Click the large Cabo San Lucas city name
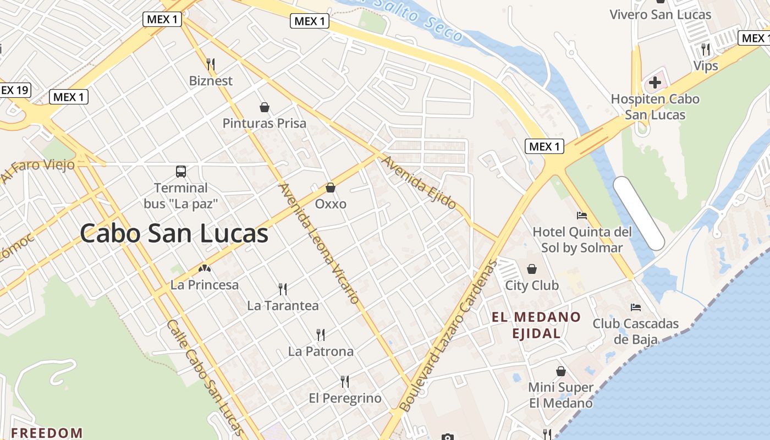pos(174,234)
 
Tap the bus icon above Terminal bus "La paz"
pos(181,172)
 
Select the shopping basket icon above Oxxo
pos(331,188)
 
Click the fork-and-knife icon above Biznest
pos(211,64)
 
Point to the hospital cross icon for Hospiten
pos(654,83)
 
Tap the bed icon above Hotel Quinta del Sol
pos(582,215)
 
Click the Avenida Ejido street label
pos(419,183)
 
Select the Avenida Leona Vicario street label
pos(320,244)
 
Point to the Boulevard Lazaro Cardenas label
pos(447,335)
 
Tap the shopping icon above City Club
pos(532,269)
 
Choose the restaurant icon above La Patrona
pos(321,334)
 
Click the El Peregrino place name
pos(345,398)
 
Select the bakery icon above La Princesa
pos(205,269)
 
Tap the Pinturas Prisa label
pos(264,123)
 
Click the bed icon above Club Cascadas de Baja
pos(636,307)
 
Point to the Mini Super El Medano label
pos(560,395)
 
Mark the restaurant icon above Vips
pos(706,50)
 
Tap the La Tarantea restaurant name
pos(283,305)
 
